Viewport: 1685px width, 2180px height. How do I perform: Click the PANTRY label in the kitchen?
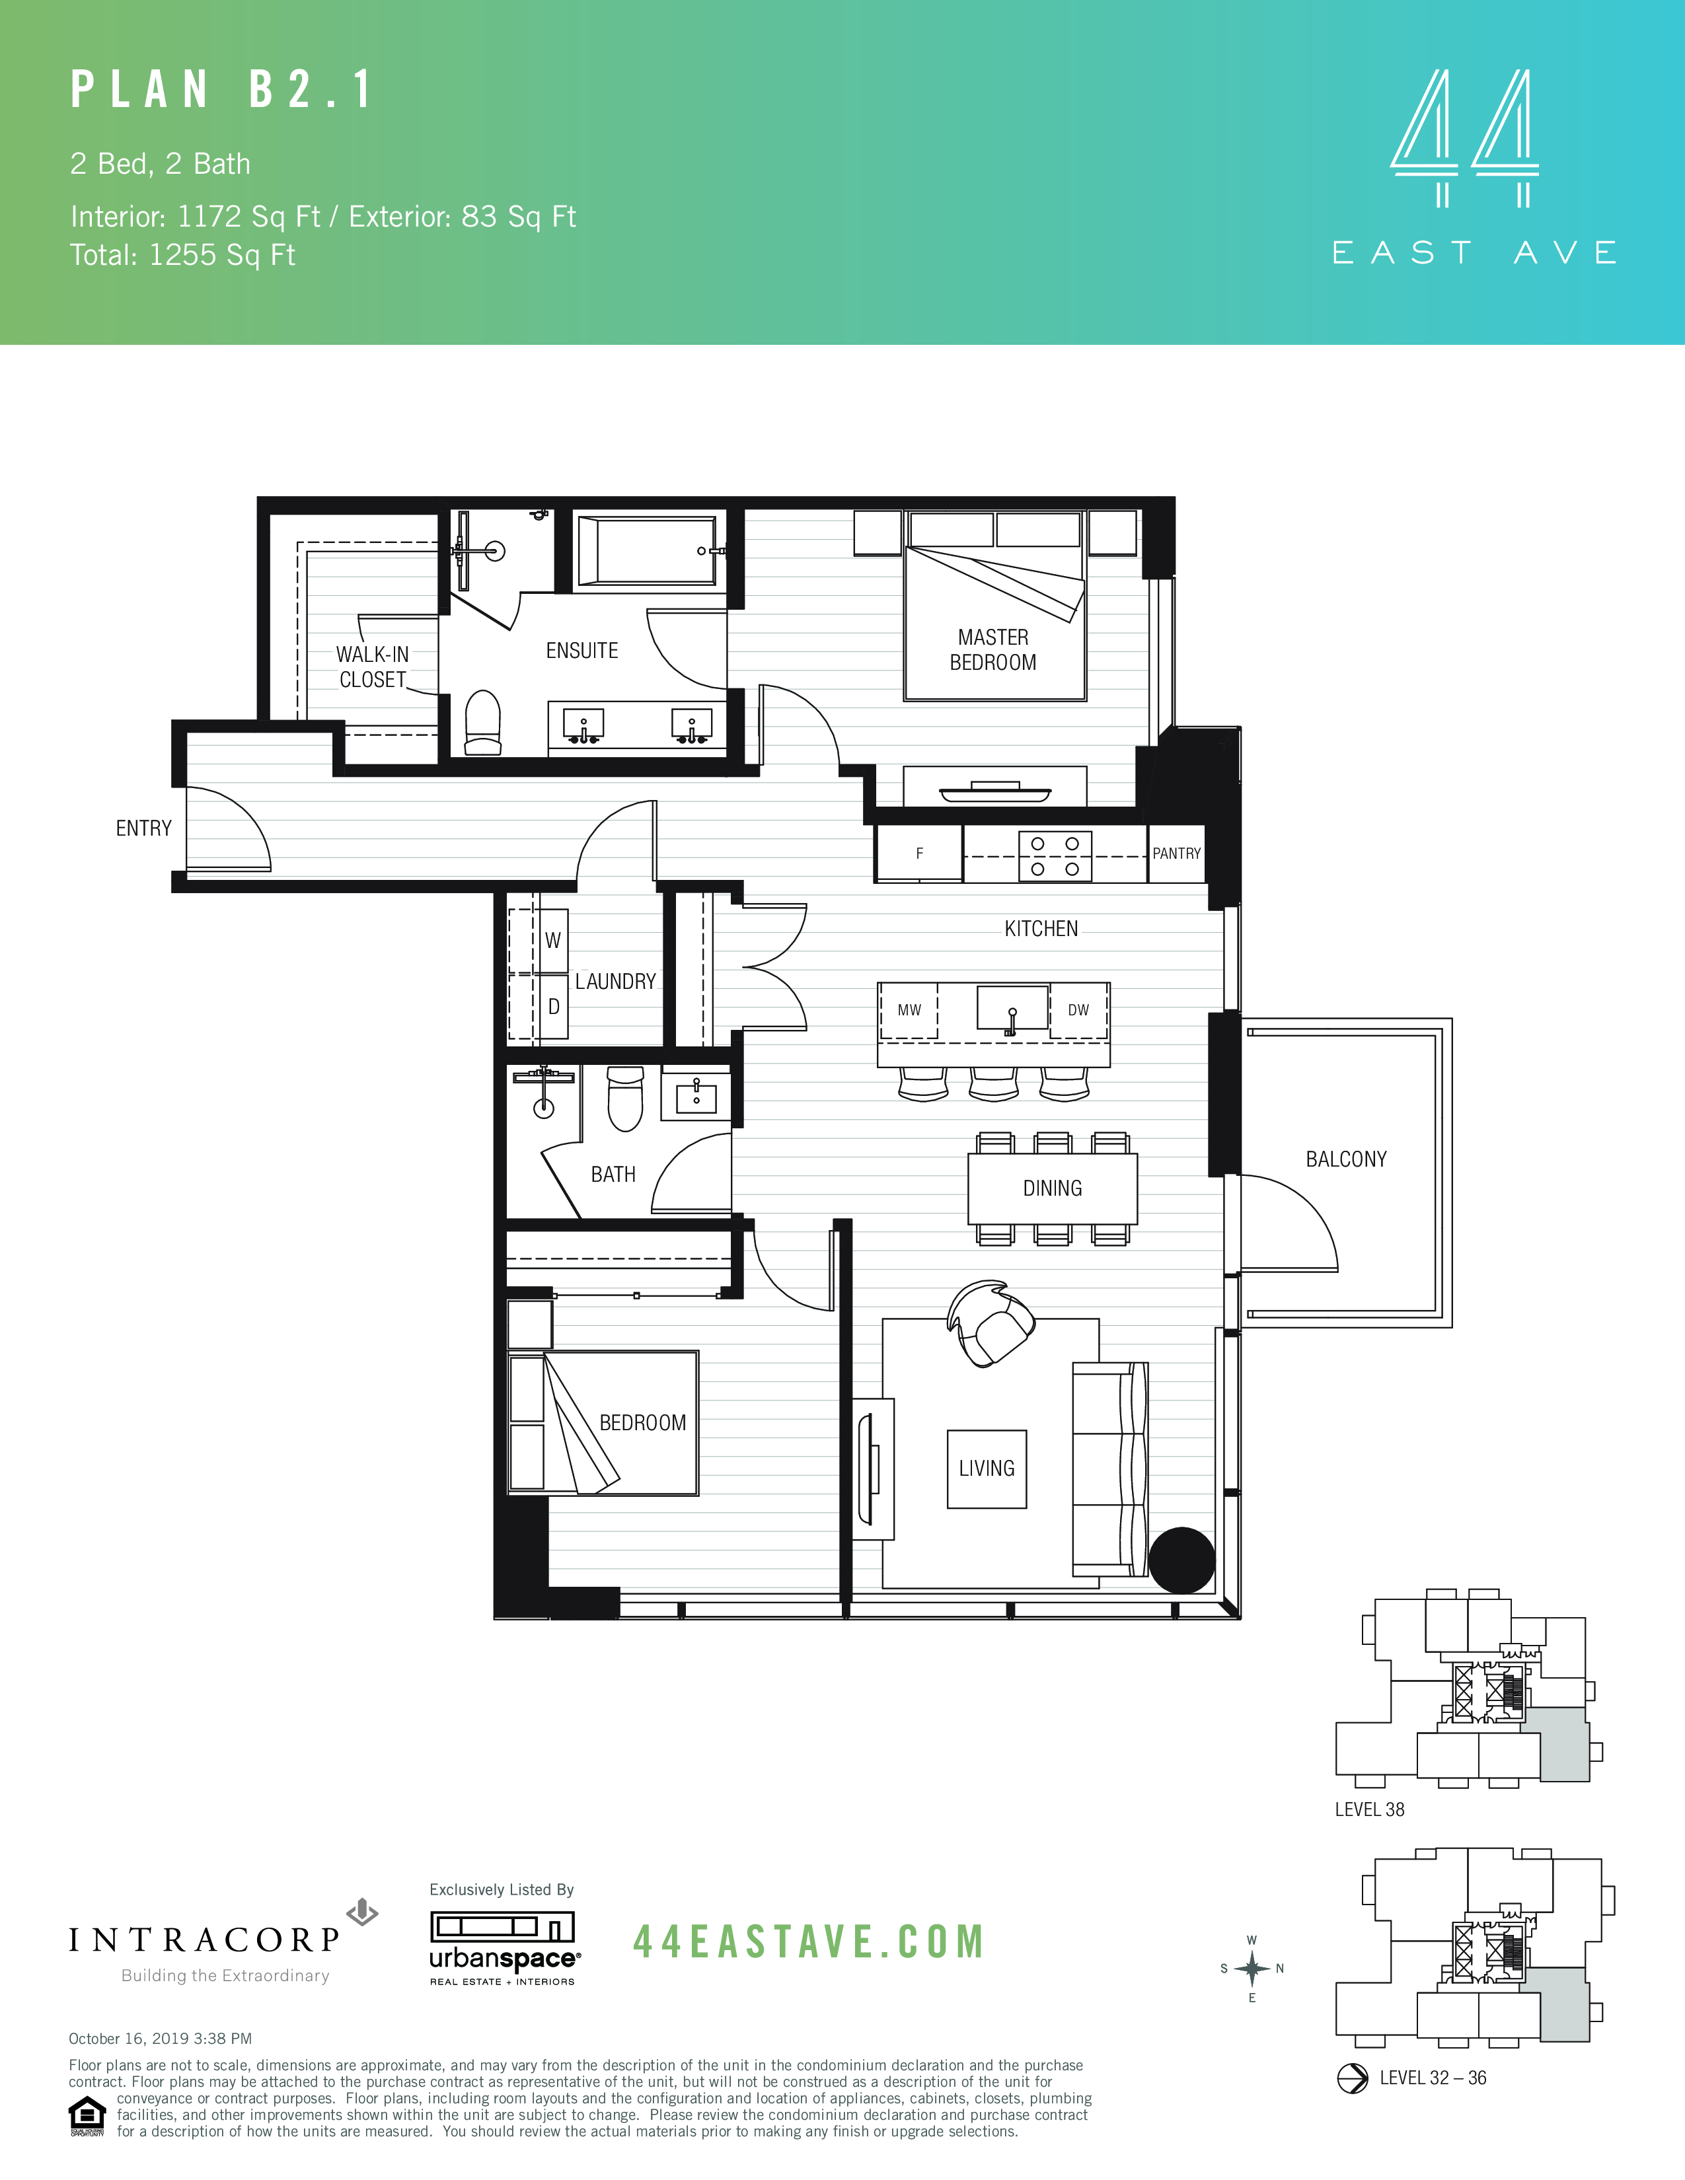click(1176, 854)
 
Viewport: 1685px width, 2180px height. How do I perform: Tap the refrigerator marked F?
click(919, 854)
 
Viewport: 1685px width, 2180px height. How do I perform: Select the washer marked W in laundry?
click(552, 940)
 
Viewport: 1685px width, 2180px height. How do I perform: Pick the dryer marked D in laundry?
click(553, 1007)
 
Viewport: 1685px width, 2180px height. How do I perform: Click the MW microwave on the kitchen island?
click(909, 1010)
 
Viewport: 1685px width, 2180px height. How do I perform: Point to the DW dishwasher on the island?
click(1078, 1010)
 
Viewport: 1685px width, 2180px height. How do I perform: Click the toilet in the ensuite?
click(483, 723)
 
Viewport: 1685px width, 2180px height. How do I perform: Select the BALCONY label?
click(1345, 1159)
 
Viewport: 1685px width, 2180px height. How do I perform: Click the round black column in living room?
click(1181, 1560)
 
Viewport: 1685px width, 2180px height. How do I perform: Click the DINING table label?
click(1052, 1188)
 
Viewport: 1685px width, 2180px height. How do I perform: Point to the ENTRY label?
click(144, 828)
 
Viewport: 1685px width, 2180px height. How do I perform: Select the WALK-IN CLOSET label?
click(372, 667)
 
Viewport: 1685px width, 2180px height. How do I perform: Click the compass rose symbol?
click(1252, 1969)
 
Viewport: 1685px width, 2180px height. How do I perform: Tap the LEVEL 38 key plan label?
click(1370, 1809)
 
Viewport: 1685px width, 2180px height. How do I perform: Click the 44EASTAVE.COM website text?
click(809, 1942)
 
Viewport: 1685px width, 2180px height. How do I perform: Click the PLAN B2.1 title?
click(221, 90)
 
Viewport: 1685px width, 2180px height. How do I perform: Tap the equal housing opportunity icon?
click(87, 2116)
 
